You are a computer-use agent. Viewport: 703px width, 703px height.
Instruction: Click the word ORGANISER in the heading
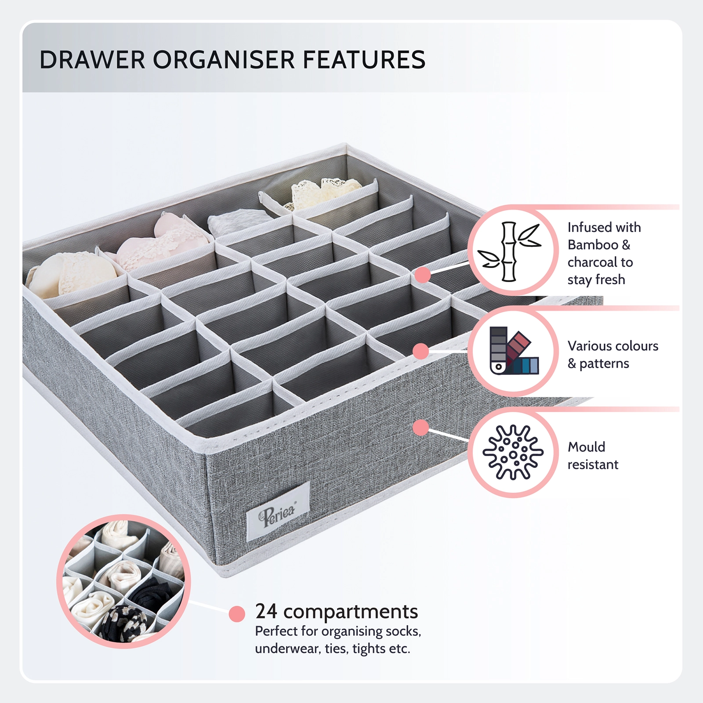pyautogui.click(x=224, y=60)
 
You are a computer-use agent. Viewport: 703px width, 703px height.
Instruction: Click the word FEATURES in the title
pyautogui.click(x=364, y=60)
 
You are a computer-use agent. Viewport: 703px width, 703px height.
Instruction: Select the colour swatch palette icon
pyautogui.click(x=514, y=351)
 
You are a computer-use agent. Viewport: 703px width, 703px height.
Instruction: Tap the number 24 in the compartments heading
pyautogui.click(x=266, y=611)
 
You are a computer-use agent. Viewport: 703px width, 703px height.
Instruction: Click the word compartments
pyautogui.click(x=351, y=612)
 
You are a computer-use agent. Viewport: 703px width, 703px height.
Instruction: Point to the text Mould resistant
pyautogui.click(x=593, y=456)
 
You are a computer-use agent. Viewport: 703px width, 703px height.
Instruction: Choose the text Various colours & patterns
pyautogui.click(x=612, y=355)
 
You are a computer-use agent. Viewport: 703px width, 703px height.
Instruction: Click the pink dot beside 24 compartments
pyautogui.click(x=237, y=614)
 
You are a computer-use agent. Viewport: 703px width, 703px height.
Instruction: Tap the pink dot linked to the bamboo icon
pyautogui.click(x=423, y=275)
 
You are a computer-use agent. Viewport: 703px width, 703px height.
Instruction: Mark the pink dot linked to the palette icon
pyautogui.click(x=421, y=351)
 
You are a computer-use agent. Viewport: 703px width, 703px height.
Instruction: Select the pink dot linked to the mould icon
pyautogui.click(x=421, y=427)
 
